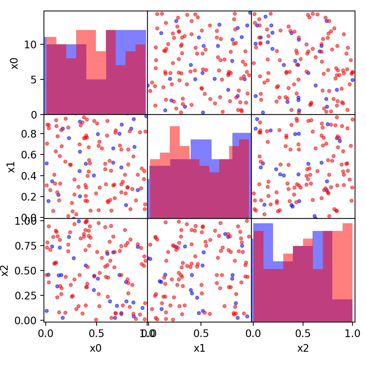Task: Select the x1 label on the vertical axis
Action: coord(11,167)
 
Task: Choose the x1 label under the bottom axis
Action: coord(199,348)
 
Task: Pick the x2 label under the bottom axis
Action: coord(303,348)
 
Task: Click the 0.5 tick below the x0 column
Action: coord(96,334)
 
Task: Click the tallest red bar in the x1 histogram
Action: coord(175,172)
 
